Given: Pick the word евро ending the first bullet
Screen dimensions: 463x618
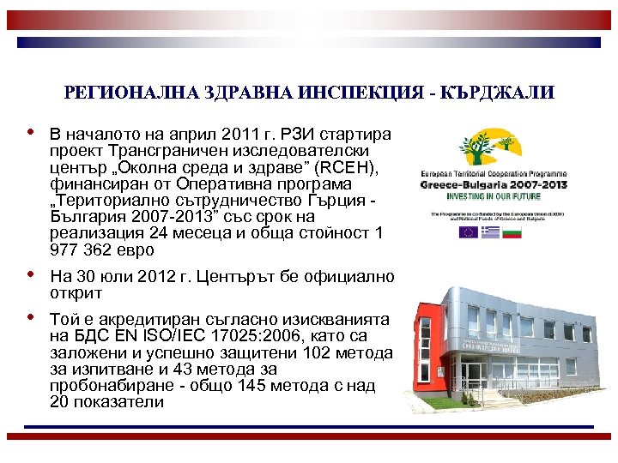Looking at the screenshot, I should (135, 250).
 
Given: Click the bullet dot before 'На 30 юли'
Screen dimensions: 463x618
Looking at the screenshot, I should (32, 275).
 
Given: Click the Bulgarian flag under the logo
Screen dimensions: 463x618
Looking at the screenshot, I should (515, 231).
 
